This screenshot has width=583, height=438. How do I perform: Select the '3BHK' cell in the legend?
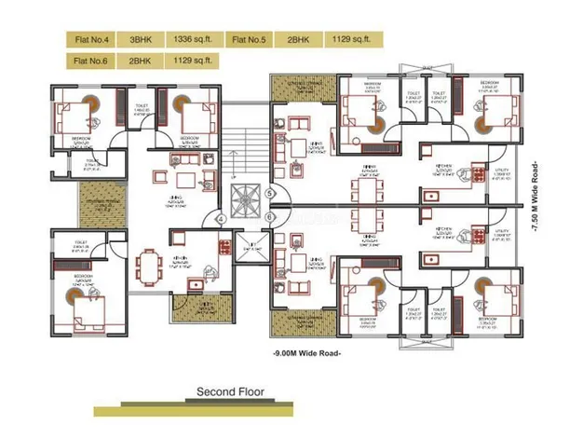click(x=142, y=39)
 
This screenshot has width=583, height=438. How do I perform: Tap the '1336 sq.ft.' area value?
click(x=194, y=39)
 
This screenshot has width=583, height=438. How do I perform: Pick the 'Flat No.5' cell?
click(x=250, y=39)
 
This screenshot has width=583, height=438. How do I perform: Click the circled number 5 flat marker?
click(x=270, y=194)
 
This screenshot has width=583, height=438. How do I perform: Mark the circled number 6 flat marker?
click(x=270, y=218)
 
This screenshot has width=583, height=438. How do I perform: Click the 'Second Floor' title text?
click(x=230, y=392)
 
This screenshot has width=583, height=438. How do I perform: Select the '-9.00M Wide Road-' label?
click(x=306, y=354)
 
